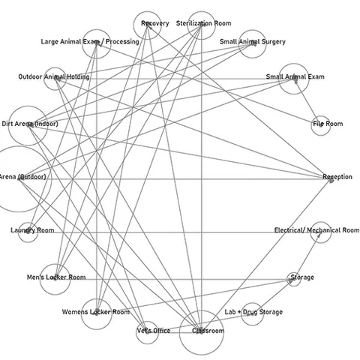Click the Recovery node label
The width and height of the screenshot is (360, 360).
point(155,23)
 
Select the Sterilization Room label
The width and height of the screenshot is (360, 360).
point(204,23)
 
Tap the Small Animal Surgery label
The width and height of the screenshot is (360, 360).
point(253,42)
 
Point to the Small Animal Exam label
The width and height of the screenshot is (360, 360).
point(295,76)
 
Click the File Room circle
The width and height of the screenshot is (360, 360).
point(311,126)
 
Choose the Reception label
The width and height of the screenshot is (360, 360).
point(337,177)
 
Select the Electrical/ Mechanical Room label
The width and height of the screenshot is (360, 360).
point(316,230)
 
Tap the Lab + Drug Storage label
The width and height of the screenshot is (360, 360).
point(253,312)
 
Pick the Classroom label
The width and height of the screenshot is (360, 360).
point(208,331)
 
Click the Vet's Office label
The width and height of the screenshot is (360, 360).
point(154,331)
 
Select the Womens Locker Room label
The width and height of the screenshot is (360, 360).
point(96,312)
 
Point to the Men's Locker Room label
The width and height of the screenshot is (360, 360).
point(56,277)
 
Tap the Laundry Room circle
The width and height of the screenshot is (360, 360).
point(19,232)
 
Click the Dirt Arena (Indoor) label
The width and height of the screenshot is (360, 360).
point(30,124)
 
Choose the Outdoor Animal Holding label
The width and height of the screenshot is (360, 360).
point(54,76)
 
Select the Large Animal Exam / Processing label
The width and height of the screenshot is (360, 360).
point(90,42)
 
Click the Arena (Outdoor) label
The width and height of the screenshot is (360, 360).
point(22,177)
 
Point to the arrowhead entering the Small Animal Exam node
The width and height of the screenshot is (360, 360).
point(295,81)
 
